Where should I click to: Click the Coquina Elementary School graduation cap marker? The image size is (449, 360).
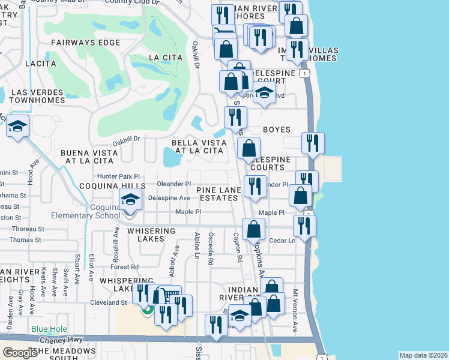pyautogui.click(x=130, y=200)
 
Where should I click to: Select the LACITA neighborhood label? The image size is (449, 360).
pyautogui.click(x=40, y=63)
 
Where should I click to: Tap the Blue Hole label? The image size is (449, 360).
pyautogui.click(x=48, y=329)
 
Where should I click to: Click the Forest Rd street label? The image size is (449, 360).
pyautogui.click(x=125, y=267)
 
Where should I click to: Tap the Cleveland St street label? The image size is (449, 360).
pyautogui.click(x=104, y=302)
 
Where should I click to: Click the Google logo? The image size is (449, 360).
pyautogui.click(x=20, y=353)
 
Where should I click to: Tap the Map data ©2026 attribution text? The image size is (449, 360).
pyautogui.click(x=423, y=355)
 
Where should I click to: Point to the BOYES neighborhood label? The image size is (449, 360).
pyautogui.click(x=277, y=130)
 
